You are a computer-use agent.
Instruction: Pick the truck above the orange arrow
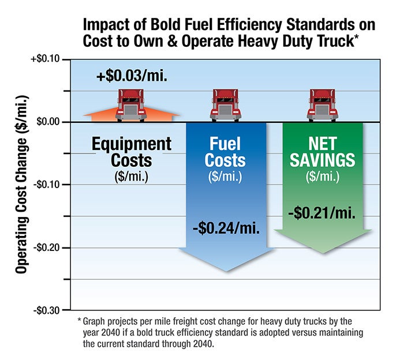(x=131, y=104)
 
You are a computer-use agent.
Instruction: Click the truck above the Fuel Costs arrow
(x=226, y=104)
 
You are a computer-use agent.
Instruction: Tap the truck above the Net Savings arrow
(x=323, y=104)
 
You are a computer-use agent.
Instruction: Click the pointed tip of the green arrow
(x=323, y=252)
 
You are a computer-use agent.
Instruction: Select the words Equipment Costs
(x=132, y=152)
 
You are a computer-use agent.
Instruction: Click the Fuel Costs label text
(x=226, y=152)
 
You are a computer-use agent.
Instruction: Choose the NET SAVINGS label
(x=323, y=152)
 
